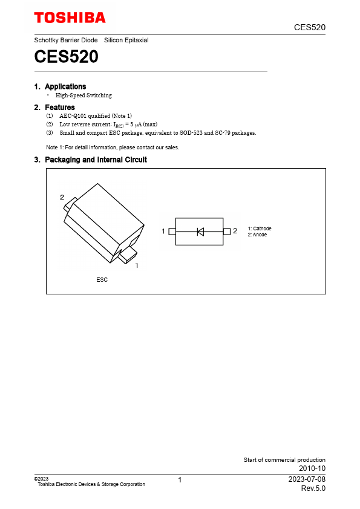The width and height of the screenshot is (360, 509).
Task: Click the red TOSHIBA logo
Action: coord(70,18)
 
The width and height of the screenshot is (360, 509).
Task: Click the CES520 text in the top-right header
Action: coord(310,27)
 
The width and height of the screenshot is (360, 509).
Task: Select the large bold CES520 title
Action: coord(67,57)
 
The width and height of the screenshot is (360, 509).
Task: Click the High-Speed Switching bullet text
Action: coord(83,96)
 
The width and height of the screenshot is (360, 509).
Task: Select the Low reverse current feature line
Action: coord(108,124)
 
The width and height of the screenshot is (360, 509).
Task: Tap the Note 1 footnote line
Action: coord(113,147)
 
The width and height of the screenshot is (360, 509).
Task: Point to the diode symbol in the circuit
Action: coord(200,232)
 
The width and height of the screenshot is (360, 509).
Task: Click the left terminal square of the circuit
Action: coord(172,232)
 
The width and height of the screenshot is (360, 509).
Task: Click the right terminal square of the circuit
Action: coord(226,232)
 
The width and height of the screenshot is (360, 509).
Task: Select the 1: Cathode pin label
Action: coord(260,229)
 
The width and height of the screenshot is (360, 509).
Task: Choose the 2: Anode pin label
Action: coord(257,235)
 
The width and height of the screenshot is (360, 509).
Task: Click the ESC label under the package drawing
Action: coord(102,280)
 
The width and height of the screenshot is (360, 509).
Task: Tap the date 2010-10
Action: coord(312,468)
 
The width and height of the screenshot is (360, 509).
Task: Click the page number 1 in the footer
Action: coord(180,481)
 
